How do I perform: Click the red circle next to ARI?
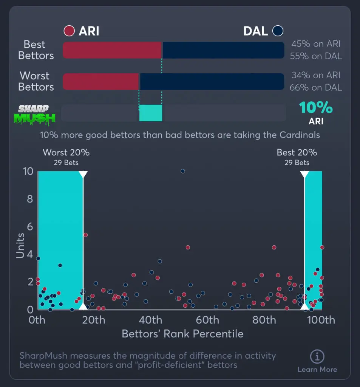coord(69,31)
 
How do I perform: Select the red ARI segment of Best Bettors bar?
coord(112,50)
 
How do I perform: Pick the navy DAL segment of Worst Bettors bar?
coord(212,82)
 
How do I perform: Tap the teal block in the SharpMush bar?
coord(151,113)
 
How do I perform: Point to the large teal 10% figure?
coord(316,108)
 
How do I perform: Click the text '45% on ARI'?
coord(316,44)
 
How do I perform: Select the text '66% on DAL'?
coord(316,88)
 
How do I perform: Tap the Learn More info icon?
coord(317,356)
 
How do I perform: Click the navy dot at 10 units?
coord(183,171)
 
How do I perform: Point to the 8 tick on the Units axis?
coord(29,199)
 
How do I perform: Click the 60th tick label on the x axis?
coord(208,320)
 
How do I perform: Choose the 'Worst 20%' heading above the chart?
coord(66,153)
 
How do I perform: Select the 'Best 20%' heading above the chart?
coord(297,153)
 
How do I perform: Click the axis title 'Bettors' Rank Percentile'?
coord(182,334)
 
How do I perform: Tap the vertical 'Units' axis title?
coord(20,246)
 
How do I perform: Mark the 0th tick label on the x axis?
coord(37,320)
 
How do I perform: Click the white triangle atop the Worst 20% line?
coord(83,174)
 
